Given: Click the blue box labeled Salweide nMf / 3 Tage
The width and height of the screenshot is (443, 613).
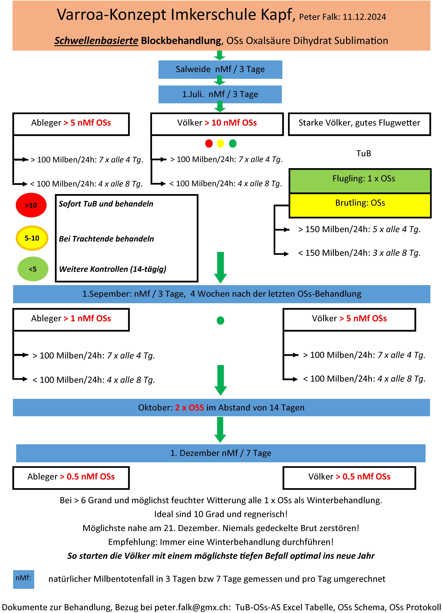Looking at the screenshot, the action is coord(220,69).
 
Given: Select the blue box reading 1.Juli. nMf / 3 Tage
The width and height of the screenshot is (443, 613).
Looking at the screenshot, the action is coord(220,94).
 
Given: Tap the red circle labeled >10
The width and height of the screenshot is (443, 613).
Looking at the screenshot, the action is coord(31,205).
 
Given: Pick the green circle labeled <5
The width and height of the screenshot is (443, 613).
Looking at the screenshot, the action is coord(33,269).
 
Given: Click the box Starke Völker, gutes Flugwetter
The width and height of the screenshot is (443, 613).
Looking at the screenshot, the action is coord(359,124).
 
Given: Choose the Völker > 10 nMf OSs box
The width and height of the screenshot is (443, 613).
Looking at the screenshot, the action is coord(217,124).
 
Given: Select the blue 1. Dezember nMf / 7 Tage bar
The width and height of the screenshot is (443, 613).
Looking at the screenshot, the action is coord(221,453).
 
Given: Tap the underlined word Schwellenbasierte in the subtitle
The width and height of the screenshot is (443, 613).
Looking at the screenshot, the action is coord(96,41).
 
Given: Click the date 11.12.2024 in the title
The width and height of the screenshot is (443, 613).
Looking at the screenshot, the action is coord(364,17).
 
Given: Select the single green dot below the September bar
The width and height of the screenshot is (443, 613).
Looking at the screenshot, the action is coord(221,321).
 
